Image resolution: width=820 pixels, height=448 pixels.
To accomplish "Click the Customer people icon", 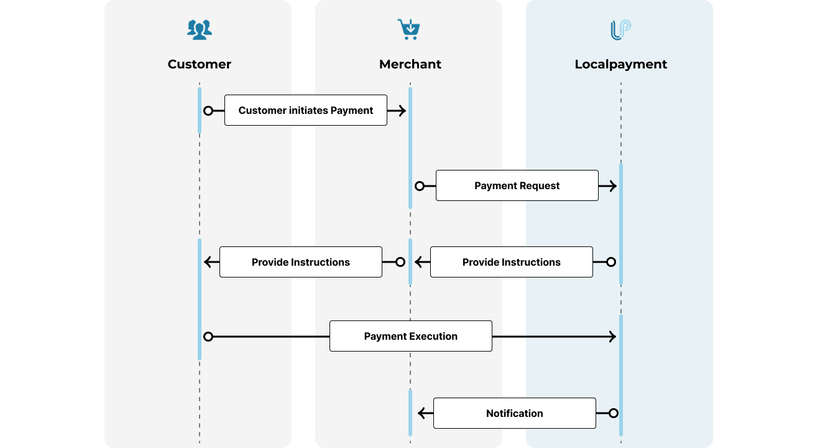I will point(200,30).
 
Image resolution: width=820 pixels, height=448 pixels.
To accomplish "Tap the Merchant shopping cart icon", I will point(408,29).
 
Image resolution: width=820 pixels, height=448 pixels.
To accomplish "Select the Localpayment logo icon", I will point(620,30).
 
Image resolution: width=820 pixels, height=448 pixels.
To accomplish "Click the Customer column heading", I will point(199,64).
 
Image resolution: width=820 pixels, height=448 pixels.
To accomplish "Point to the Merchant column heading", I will point(410,64).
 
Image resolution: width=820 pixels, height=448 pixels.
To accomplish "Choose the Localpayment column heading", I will point(620,64).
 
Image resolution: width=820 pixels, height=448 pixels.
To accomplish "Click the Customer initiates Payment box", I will point(305,110).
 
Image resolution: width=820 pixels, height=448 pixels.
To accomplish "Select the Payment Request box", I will point(517,185).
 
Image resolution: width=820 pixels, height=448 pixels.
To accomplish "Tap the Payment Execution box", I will point(410,336).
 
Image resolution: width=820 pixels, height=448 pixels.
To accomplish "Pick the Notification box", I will point(514,413).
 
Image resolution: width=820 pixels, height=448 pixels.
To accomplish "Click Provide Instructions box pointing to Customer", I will point(300,262).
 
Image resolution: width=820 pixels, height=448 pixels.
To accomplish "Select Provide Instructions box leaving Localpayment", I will point(511,262).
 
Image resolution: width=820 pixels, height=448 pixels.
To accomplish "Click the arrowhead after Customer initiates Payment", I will point(401,111).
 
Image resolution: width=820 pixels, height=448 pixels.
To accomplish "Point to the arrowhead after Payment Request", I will point(612,186).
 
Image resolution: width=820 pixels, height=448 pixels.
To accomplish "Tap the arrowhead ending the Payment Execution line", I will point(612,337).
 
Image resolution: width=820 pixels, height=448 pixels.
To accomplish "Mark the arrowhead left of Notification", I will point(423,413).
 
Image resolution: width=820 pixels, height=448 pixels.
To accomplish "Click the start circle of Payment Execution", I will point(208,337).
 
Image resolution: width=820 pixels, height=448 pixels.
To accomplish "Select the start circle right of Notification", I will point(613,413).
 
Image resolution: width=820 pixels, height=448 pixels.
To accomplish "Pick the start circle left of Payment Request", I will point(420,186).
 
